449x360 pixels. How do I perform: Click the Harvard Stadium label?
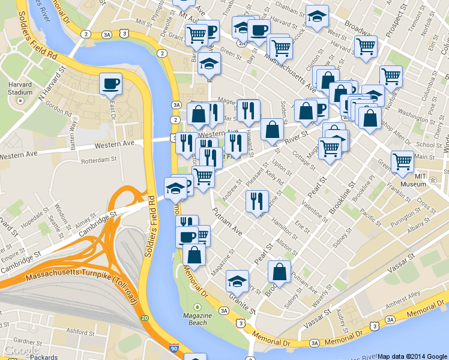point(20,89)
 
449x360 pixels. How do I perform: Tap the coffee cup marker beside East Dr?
point(110,85)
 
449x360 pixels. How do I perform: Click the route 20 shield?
point(144,317)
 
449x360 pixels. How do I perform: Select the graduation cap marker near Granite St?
point(237,281)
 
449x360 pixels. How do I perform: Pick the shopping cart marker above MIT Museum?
point(402,161)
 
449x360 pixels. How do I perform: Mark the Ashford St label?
point(81,330)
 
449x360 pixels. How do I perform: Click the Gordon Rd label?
point(58,109)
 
